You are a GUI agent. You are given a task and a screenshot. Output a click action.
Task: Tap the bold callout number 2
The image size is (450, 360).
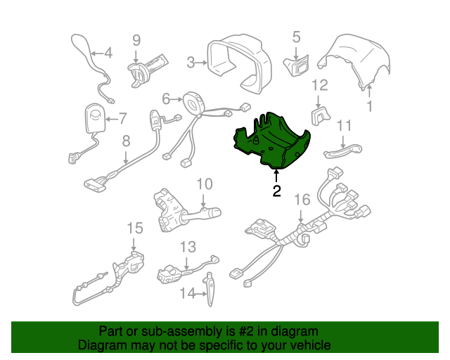[x=276, y=191]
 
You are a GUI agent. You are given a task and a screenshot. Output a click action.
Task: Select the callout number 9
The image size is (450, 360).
[x=136, y=41]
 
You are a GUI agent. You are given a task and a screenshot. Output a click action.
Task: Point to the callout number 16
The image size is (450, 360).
[x=302, y=200]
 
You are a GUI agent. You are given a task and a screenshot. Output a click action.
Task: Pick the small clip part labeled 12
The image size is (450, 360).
[x=321, y=116]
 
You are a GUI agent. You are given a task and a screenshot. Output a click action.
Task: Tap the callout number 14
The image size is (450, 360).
[x=188, y=293]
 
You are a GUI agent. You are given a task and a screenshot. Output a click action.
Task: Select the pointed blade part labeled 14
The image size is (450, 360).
[x=210, y=289]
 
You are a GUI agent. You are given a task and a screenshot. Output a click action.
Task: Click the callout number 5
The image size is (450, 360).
[x=296, y=37]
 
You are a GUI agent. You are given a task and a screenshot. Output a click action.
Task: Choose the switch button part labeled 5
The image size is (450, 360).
[x=297, y=65]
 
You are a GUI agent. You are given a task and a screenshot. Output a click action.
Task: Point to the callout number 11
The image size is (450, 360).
[x=344, y=126]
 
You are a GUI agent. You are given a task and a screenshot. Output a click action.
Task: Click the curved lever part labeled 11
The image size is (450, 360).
[x=343, y=151]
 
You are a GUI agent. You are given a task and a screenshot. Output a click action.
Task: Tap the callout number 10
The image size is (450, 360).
[x=205, y=184]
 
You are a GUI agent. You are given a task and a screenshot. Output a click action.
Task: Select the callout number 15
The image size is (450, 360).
[x=135, y=229]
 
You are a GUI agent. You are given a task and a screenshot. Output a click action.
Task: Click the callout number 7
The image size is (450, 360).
[x=122, y=119]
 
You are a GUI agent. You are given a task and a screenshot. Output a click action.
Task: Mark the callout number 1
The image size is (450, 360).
[x=370, y=106]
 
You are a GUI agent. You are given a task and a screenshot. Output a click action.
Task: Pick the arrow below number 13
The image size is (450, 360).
[x=187, y=263]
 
